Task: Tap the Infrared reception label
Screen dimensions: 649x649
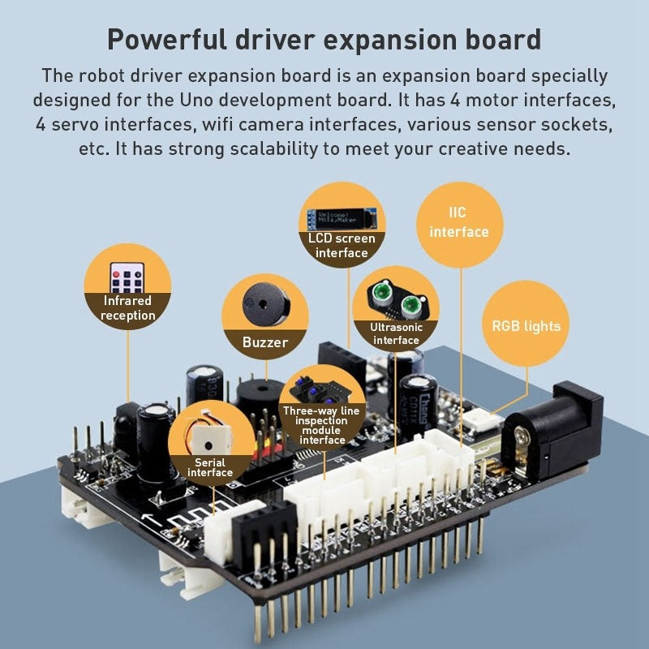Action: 127,308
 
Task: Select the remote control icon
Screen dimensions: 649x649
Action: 127,276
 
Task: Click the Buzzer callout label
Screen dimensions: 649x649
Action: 265,342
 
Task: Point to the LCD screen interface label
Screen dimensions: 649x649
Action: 342,245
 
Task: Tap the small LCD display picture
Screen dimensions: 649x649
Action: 342,218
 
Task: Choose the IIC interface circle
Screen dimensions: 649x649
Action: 459,223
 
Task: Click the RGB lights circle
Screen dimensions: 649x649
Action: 526,326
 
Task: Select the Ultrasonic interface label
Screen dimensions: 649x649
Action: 396,333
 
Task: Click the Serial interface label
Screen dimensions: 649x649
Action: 209,467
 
